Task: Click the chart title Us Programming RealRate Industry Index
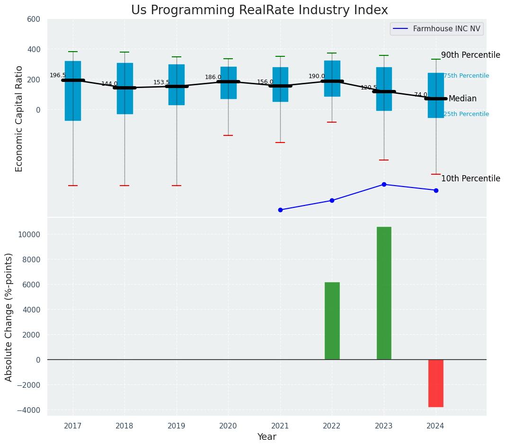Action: pos(259,10)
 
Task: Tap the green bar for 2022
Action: pos(332,321)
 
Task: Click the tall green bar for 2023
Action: pos(384,293)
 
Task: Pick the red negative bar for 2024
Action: pos(435,383)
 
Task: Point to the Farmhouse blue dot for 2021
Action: pos(280,210)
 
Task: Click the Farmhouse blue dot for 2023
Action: pos(384,184)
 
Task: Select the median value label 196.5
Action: pos(58,76)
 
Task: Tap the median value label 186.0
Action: pos(213,77)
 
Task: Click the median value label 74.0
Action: pos(421,95)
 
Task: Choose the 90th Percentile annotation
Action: pos(470,55)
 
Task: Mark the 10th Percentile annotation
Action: pos(470,178)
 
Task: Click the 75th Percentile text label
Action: pos(466,76)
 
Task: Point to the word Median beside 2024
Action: pos(462,99)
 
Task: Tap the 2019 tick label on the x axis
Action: pos(177,426)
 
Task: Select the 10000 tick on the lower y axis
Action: pos(30,234)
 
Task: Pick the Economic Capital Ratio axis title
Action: pos(19,118)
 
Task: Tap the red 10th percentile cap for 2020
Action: pos(228,135)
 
